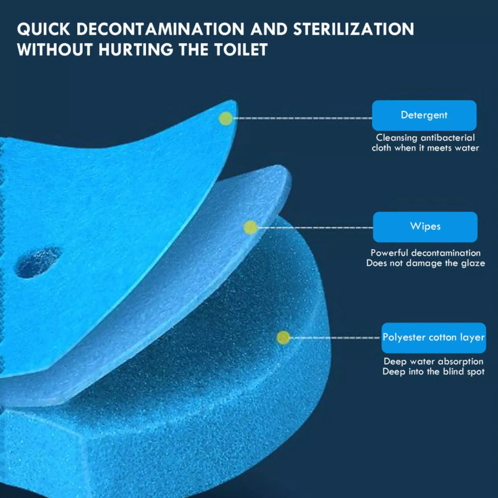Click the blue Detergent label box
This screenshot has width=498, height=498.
pyautogui.click(x=424, y=115)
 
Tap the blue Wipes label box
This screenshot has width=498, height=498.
pyautogui.click(x=425, y=227)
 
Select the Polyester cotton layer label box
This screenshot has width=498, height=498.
pyautogui.click(x=434, y=338)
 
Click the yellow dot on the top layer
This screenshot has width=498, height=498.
pyautogui.click(x=226, y=119)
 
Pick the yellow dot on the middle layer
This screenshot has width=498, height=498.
pyautogui.click(x=250, y=227)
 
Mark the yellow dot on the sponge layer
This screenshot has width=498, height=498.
pyautogui.click(x=283, y=337)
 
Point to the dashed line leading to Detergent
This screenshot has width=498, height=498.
pyautogui.click(x=302, y=118)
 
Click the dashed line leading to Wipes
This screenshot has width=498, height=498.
pyautogui.click(x=315, y=227)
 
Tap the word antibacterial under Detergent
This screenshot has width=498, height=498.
pyautogui.click(x=447, y=138)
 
